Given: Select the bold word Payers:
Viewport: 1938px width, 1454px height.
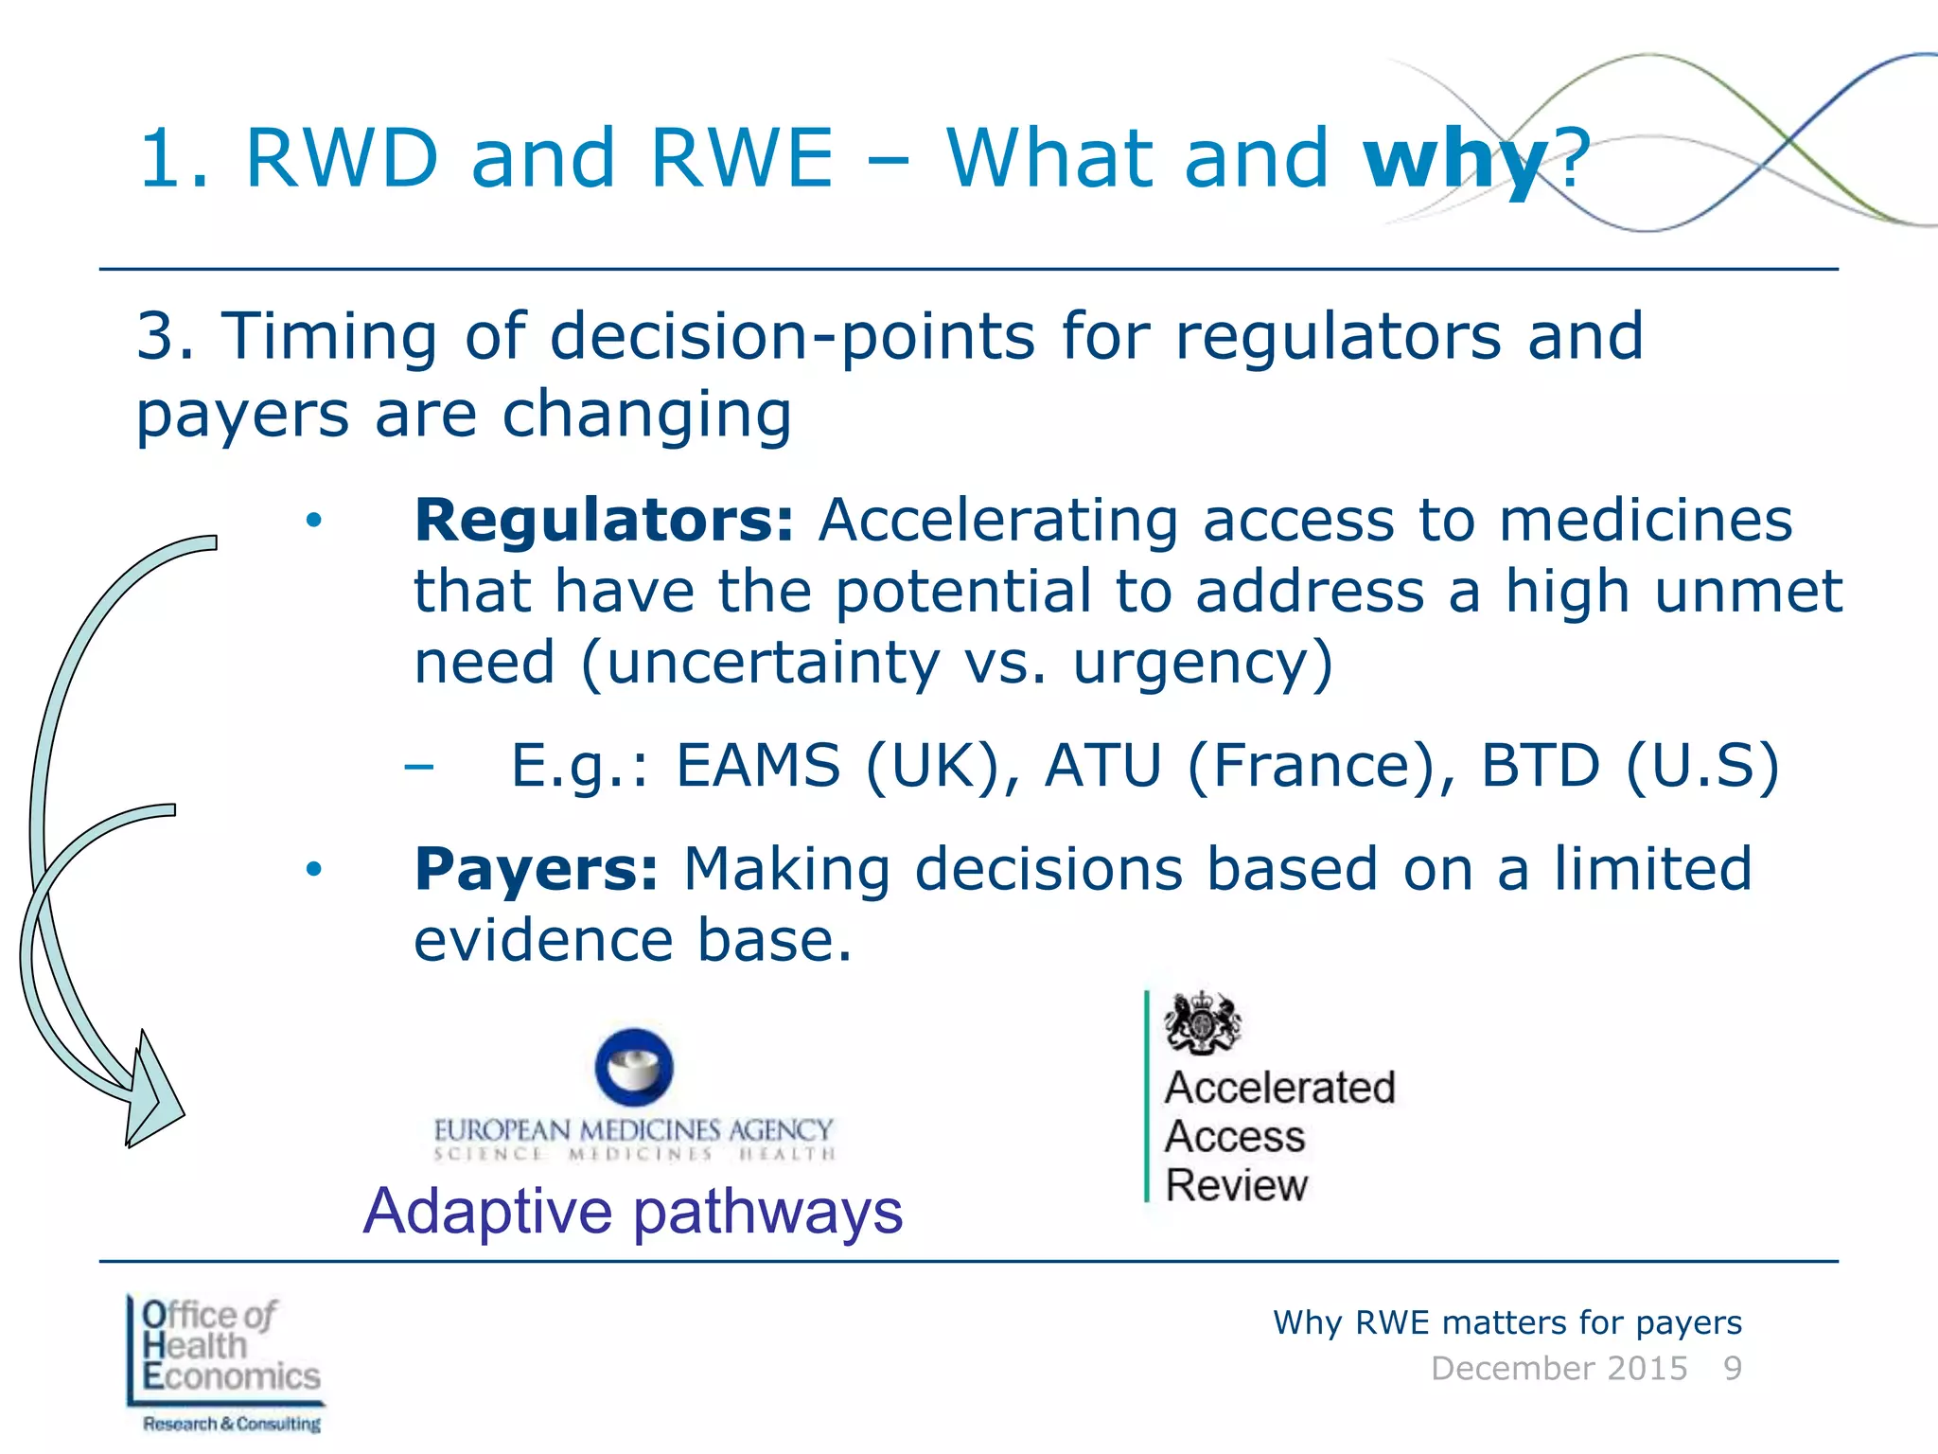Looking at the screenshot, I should pyautogui.click(x=536, y=869).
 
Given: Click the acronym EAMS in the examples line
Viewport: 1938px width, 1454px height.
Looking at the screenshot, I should pyautogui.click(x=757, y=765).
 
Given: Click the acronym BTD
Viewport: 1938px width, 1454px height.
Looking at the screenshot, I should pyautogui.click(x=1539, y=765).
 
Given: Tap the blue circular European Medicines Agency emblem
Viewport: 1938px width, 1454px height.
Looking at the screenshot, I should pyautogui.click(x=634, y=1068).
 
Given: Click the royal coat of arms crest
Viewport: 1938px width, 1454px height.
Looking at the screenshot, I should pyautogui.click(x=1202, y=1022).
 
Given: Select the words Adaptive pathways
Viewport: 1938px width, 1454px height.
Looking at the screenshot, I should pyautogui.click(x=633, y=1211).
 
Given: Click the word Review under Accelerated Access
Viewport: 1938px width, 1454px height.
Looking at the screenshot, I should pyautogui.click(x=1236, y=1185).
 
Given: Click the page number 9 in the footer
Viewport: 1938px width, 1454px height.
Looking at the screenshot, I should pyautogui.click(x=1732, y=1369).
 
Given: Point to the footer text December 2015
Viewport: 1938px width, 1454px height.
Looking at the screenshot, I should pyautogui.click(x=1559, y=1369).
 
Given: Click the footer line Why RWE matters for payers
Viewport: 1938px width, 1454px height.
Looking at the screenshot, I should pyautogui.click(x=1506, y=1322).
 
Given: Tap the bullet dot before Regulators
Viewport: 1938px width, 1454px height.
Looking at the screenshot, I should pyautogui.click(x=314, y=520).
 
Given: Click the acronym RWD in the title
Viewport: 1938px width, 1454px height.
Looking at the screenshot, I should pyautogui.click(x=342, y=159).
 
